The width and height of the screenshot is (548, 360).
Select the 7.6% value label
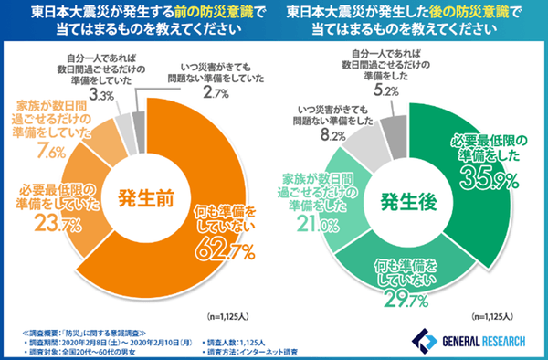click(x=53, y=150)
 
